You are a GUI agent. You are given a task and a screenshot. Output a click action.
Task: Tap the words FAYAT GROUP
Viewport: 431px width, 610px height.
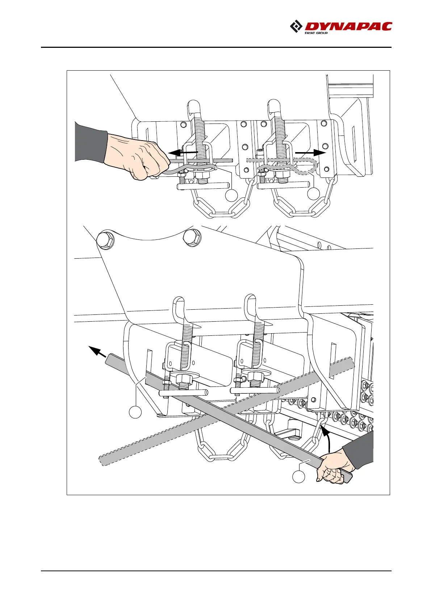(316, 33)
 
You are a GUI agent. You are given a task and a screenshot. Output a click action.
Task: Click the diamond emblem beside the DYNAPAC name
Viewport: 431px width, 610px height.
(296, 27)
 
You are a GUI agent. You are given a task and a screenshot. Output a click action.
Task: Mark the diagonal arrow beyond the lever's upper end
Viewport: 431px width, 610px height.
(96, 350)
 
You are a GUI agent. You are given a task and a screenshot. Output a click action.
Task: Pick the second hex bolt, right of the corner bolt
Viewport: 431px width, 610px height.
(192, 238)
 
